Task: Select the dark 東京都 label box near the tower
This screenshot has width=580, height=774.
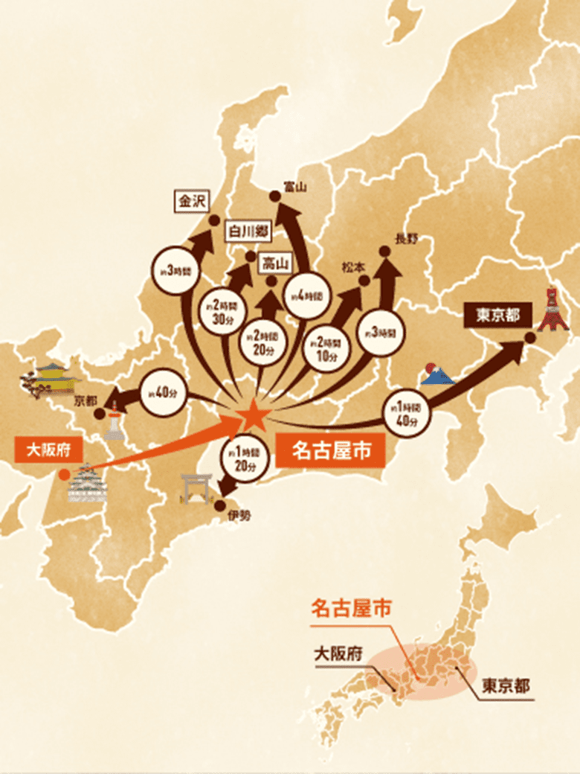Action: [498, 316]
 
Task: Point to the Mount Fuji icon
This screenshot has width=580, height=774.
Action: [436, 374]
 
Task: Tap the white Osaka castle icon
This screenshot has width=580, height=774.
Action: [87, 484]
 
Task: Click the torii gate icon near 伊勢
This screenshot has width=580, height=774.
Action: [197, 487]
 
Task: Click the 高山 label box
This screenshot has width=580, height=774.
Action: [275, 263]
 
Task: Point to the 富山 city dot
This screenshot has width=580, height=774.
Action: [274, 196]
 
